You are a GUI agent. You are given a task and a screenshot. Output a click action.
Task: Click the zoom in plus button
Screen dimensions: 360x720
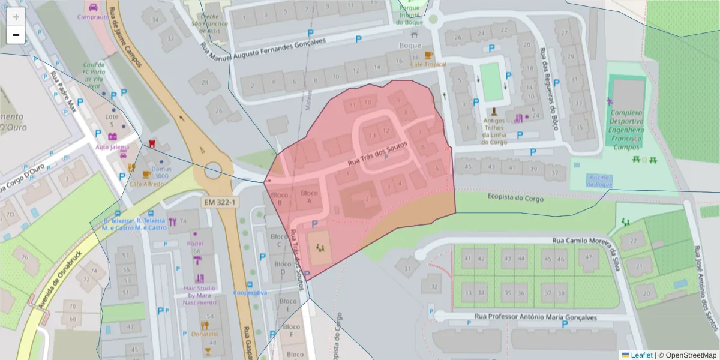click(x=16, y=16)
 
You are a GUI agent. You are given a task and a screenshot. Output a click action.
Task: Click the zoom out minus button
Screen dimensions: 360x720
click(x=16, y=35)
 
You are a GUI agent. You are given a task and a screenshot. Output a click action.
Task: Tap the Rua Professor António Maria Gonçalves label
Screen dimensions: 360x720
click(x=535, y=317)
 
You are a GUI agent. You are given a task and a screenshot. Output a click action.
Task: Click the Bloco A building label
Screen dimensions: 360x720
click(x=309, y=197)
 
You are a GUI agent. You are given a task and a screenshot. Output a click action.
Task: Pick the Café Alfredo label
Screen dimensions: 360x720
click(x=146, y=184)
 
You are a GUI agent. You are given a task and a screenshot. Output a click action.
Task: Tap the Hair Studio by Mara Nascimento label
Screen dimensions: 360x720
click(x=200, y=295)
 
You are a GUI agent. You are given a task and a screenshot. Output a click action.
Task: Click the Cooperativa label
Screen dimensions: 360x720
click(x=250, y=293)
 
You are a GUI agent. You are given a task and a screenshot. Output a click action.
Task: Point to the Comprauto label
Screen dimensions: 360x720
click(x=93, y=17)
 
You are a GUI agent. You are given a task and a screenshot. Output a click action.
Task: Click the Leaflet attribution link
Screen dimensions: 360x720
click(x=641, y=355)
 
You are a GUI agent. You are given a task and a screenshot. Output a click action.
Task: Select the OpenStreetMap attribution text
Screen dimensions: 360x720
click(x=690, y=355)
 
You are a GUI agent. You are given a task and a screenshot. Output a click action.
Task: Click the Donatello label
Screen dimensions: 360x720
click(x=205, y=334)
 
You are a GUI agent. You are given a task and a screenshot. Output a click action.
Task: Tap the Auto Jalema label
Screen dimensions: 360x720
click(x=112, y=147)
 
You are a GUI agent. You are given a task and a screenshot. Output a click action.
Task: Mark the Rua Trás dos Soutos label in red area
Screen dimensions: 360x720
click(x=377, y=154)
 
